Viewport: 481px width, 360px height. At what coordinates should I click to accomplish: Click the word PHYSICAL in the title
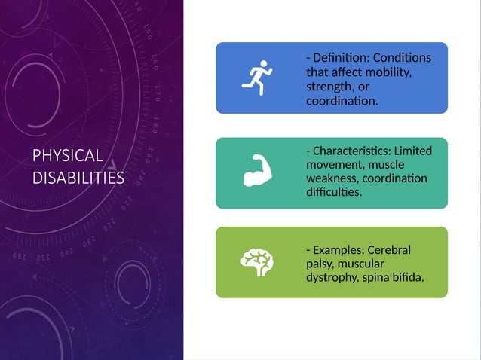coord(67,156)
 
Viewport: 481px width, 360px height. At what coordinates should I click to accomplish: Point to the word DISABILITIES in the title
coord(78,178)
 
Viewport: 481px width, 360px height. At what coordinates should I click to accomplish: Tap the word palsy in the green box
coord(320,264)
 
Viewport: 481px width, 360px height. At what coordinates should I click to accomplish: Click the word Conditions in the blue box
coord(403,58)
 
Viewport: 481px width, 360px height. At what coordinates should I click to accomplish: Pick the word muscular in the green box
coord(362,264)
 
